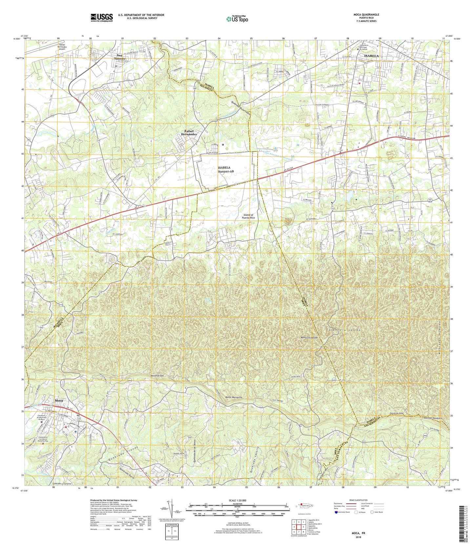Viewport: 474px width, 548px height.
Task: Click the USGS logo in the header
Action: click(102, 17)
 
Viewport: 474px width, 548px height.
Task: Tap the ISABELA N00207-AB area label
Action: click(226, 169)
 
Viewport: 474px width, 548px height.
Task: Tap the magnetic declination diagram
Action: click(168, 508)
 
